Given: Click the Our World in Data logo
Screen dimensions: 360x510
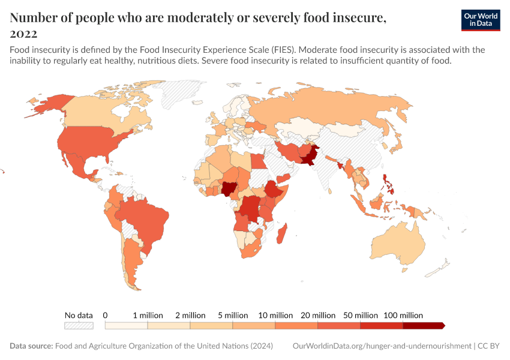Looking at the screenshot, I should pyautogui.click(x=480, y=20).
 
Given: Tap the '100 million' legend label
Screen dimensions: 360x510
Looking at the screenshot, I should pyautogui.click(x=403, y=315).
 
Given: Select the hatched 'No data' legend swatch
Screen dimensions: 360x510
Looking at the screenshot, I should pyautogui.click(x=79, y=325).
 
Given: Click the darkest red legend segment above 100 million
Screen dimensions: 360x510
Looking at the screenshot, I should pyautogui.click(x=423, y=325).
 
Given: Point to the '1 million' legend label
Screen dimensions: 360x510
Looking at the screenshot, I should pyautogui.click(x=148, y=315).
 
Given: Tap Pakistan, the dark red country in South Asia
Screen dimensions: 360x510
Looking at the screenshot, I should pyautogui.click(x=311, y=157).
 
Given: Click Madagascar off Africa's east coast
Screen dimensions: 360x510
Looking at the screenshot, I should pyautogui.click(x=282, y=233).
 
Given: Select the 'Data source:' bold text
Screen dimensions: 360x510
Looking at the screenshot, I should pyautogui.click(x=31, y=346).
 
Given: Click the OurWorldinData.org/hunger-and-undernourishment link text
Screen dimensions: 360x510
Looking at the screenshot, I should pyautogui.click(x=382, y=346).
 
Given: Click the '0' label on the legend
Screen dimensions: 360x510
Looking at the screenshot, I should pyautogui.click(x=105, y=315).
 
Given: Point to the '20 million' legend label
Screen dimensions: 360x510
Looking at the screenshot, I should pyautogui.click(x=318, y=315).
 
